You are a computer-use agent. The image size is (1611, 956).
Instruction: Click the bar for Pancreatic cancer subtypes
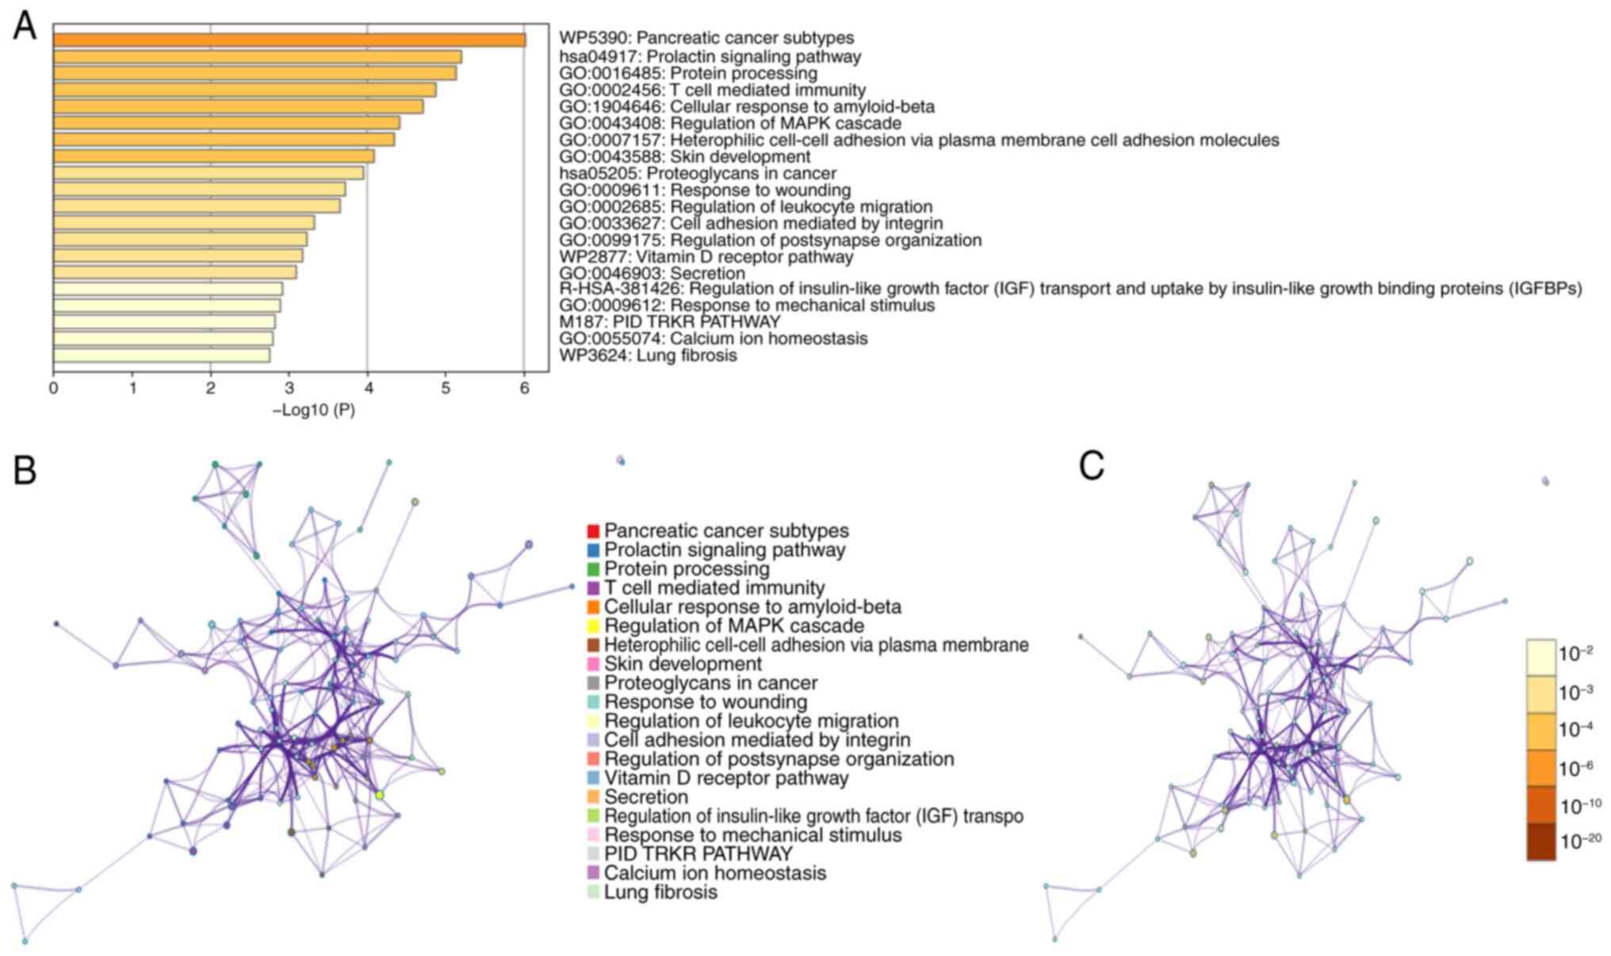point(289,40)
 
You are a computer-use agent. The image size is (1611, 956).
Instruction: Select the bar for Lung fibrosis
point(162,355)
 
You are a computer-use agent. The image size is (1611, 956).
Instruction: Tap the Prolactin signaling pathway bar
point(257,57)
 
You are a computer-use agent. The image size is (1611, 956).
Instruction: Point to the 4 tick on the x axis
point(367,388)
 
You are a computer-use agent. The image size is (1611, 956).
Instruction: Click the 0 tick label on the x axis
point(53,388)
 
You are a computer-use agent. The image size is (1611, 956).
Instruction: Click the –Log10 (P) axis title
point(314,411)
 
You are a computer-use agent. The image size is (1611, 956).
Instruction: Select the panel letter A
point(25,27)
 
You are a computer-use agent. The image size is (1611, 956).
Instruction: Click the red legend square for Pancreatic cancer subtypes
point(593,530)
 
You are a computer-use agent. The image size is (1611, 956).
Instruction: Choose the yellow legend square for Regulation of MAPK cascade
point(593,626)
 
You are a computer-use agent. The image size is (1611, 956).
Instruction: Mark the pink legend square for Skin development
point(593,664)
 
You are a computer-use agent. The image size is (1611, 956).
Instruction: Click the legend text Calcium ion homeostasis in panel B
point(715,874)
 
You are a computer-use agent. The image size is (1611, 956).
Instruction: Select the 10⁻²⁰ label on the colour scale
point(1581,842)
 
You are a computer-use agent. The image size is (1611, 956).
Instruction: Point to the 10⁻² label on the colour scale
point(1576,654)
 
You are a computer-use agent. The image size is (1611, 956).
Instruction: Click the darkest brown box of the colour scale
point(1540,842)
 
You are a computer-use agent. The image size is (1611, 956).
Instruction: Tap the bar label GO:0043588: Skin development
point(684,157)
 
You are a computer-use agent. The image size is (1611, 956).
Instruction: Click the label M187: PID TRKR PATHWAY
point(669,322)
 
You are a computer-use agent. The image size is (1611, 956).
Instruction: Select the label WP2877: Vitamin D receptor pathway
point(706,257)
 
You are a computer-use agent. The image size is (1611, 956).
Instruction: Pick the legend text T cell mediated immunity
point(714,588)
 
